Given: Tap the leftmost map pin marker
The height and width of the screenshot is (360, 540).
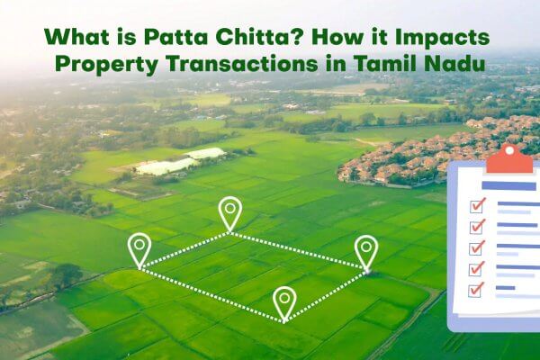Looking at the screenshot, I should (139, 248).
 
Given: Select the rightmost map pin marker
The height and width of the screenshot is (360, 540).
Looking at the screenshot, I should (365, 249).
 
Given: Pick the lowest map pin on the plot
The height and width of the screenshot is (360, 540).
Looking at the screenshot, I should (284, 301).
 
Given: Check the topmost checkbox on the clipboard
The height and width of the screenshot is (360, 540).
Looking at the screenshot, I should (477, 205).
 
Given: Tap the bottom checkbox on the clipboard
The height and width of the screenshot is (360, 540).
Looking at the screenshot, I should (477, 288).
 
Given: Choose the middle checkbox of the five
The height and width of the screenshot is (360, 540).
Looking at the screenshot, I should (477, 247).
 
